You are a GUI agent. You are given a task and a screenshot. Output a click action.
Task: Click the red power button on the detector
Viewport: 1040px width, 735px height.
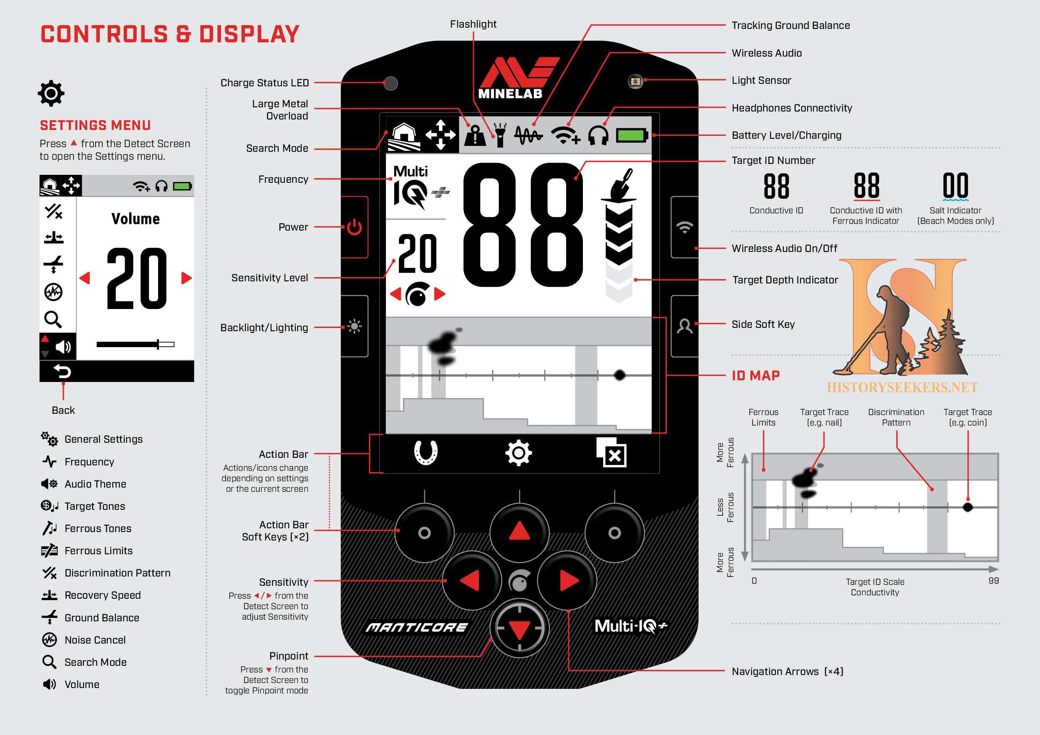click(x=354, y=227)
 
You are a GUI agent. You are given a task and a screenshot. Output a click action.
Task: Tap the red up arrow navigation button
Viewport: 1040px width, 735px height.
click(x=519, y=532)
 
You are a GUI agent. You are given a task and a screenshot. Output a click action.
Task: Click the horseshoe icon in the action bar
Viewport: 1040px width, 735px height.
click(x=426, y=452)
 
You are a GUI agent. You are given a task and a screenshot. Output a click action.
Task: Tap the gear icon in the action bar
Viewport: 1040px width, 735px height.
click(x=519, y=453)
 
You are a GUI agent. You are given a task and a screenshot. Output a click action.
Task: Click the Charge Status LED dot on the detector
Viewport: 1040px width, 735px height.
click(x=390, y=83)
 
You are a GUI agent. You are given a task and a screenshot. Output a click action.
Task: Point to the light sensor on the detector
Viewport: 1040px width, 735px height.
click(x=635, y=81)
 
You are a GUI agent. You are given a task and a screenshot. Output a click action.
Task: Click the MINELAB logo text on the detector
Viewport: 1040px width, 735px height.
click(x=510, y=94)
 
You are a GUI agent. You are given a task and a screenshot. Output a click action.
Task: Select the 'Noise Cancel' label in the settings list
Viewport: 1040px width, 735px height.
click(x=95, y=640)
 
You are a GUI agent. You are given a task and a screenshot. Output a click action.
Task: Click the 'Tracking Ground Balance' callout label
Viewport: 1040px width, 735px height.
click(x=790, y=25)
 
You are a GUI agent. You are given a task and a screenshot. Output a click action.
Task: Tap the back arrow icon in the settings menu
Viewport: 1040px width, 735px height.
click(x=62, y=372)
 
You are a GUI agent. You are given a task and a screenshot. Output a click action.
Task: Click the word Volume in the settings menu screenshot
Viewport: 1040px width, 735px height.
click(x=135, y=219)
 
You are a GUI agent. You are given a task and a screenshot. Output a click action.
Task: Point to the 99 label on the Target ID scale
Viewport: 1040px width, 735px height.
click(x=993, y=581)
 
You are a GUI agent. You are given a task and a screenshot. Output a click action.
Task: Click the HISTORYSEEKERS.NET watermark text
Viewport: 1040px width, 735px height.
click(x=902, y=388)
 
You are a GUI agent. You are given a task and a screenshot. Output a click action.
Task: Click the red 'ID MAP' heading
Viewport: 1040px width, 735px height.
click(x=756, y=375)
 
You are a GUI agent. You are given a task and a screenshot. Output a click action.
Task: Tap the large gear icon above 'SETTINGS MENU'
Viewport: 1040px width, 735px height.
click(x=51, y=94)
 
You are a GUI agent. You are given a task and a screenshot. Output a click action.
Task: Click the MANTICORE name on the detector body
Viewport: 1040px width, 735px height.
click(x=416, y=627)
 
